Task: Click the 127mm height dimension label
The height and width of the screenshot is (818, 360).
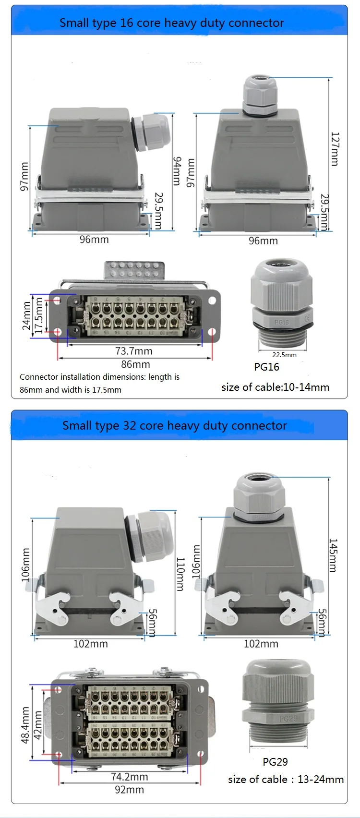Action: pos(335,149)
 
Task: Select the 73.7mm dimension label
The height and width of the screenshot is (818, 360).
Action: pos(133,351)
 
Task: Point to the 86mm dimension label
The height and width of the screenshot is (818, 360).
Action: pos(135,364)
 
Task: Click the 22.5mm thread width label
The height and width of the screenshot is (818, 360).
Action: pos(284,355)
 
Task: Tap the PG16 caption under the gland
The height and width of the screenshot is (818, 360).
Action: pos(266,367)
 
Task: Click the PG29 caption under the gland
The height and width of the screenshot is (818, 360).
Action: pos(275,762)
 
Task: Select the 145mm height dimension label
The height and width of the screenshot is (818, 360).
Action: pos(333,555)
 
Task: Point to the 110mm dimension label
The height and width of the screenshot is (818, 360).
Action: pos(180,574)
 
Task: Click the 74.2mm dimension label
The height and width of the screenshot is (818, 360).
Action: pos(130,777)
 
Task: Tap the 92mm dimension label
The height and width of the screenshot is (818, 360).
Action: pos(129,790)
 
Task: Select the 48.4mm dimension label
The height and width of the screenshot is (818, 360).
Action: pos(25,725)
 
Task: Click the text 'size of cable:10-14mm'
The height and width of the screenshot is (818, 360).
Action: pos(275,387)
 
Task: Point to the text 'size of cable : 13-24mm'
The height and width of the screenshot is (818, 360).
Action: pos(286,779)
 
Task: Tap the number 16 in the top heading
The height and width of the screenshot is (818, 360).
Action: pos(126,23)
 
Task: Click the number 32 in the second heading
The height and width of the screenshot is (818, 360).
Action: pos(129,425)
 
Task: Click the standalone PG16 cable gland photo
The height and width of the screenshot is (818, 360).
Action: pos(282,303)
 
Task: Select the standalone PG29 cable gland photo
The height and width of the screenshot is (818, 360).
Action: pos(278,703)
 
